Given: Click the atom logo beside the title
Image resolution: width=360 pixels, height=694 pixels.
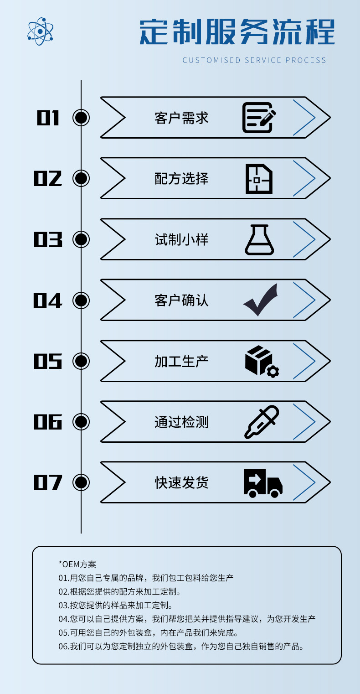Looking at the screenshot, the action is [41, 31].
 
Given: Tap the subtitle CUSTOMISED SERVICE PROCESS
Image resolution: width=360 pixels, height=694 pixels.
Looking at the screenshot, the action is [254, 60].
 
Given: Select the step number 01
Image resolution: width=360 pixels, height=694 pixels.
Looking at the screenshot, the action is [48, 118].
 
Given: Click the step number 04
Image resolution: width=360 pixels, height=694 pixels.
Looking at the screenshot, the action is [48, 300].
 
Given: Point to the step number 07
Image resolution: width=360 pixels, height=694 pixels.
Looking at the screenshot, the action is [48, 482].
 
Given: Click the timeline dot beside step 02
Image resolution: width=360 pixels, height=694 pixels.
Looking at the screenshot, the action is [81, 178].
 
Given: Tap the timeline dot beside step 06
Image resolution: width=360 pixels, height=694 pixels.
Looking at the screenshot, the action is [81, 422].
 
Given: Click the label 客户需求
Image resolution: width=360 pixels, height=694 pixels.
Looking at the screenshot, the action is [181, 118].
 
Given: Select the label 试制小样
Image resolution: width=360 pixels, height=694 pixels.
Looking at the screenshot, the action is [181, 239].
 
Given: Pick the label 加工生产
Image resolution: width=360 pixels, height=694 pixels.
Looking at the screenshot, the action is [181, 361].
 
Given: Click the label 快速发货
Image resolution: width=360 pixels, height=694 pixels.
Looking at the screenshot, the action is [181, 482].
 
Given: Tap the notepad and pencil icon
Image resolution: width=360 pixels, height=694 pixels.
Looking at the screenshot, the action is [259, 118].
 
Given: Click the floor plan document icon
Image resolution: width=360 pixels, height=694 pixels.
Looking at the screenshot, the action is [259, 178].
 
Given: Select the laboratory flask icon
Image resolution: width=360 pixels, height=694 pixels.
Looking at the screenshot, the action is [259, 239].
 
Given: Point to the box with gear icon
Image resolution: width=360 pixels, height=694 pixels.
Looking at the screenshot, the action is [262, 361].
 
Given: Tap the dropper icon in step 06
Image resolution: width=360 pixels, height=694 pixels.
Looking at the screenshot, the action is [262, 422].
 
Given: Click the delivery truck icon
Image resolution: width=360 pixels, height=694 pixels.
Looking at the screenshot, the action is [262, 482].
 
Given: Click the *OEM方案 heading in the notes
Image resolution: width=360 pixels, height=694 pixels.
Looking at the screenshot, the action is [77, 564].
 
